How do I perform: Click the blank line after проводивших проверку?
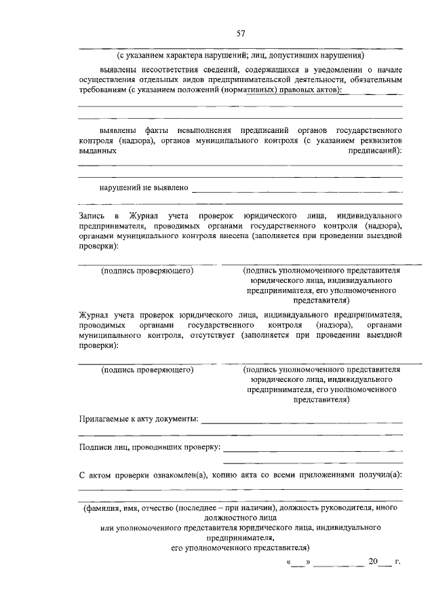coord(313,450)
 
